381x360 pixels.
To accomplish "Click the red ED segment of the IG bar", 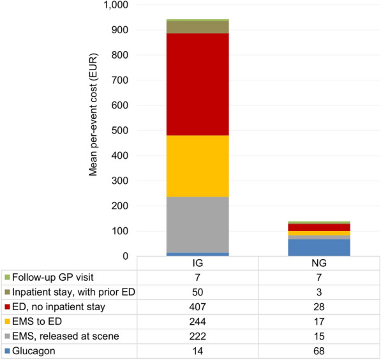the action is [x=198, y=84].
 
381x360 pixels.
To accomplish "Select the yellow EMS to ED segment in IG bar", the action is [x=198, y=166].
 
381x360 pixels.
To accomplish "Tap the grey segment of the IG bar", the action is [x=198, y=225].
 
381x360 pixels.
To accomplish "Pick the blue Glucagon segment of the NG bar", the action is [x=319, y=248].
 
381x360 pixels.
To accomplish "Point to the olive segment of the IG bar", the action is [x=198, y=27].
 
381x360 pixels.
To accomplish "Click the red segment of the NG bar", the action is [x=319, y=227].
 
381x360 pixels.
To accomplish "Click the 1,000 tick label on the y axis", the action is [x=116, y=5].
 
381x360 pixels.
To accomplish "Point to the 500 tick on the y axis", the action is [x=119, y=131].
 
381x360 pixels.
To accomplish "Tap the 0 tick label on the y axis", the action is [x=125, y=256].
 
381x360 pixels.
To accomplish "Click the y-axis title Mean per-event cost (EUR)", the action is [x=93, y=114].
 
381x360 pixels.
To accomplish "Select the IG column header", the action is [x=198, y=263].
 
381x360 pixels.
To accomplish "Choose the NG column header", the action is [x=319, y=263].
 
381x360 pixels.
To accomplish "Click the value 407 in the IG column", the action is [x=198, y=307].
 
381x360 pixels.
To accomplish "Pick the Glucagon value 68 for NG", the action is [x=319, y=351].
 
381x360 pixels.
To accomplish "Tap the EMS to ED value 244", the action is [x=198, y=322].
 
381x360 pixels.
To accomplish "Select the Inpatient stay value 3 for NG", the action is [x=319, y=292].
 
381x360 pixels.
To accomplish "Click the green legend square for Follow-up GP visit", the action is [x=7, y=278].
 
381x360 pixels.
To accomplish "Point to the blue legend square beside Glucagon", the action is [x=7, y=351].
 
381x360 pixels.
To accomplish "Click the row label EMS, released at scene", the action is [x=66, y=336].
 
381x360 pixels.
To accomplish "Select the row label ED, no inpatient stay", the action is [x=59, y=307].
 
